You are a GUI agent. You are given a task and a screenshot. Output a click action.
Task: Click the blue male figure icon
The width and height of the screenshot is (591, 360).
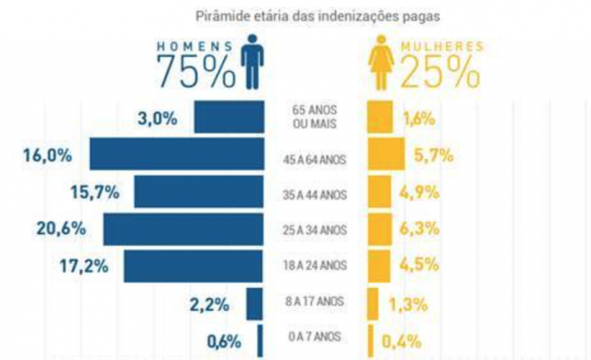click(x=252, y=61)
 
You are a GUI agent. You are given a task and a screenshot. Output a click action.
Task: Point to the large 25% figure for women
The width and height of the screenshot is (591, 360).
click(x=439, y=73)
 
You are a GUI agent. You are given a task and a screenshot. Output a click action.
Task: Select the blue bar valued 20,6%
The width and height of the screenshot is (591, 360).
click(x=183, y=230)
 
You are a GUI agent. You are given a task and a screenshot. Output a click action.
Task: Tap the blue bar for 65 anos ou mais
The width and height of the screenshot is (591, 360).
click(x=228, y=117)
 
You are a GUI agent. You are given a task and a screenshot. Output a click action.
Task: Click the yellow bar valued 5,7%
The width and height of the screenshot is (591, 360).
click(x=386, y=155)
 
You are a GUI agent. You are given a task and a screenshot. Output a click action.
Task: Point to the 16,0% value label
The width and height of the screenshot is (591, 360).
click(x=50, y=155)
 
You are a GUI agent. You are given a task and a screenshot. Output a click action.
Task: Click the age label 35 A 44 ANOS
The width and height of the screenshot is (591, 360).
click(x=315, y=193)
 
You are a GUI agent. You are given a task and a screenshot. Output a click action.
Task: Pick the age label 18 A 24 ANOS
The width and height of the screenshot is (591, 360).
click(x=315, y=265)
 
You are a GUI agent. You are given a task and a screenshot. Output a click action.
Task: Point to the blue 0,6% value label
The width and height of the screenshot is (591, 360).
click(x=224, y=341)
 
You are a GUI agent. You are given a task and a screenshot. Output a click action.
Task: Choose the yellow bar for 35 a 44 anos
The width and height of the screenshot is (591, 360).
click(x=379, y=193)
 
